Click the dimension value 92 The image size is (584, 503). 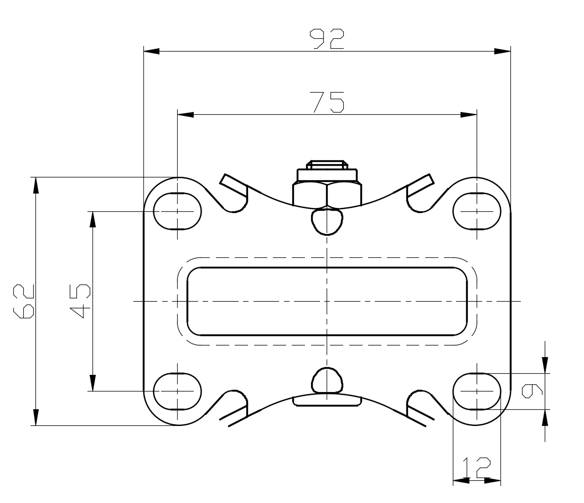pyautogui.click(x=327, y=39)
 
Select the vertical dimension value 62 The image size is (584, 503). pyautogui.click(x=25, y=301)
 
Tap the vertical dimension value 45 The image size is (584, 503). pyautogui.click(x=81, y=301)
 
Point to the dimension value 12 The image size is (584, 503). pyautogui.click(x=477, y=468)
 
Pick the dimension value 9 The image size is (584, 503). pyautogui.click(x=533, y=390)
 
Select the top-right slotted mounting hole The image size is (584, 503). pyautogui.click(x=477, y=211)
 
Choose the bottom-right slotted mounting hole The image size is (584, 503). pyautogui.click(x=477, y=391)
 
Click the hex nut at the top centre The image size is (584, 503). pyautogui.click(x=327, y=194)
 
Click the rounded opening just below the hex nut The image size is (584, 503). pyautogui.click(x=327, y=221)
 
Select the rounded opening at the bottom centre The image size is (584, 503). pyautogui.click(x=327, y=380)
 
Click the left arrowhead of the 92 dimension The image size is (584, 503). pyautogui.click(x=151, y=52)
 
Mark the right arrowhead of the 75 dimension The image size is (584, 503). pyautogui.click(x=469, y=115)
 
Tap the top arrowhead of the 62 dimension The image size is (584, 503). pyautogui.click(x=36, y=185)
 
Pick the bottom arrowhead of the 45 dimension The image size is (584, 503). pyautogui.click(x=92, y=383)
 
